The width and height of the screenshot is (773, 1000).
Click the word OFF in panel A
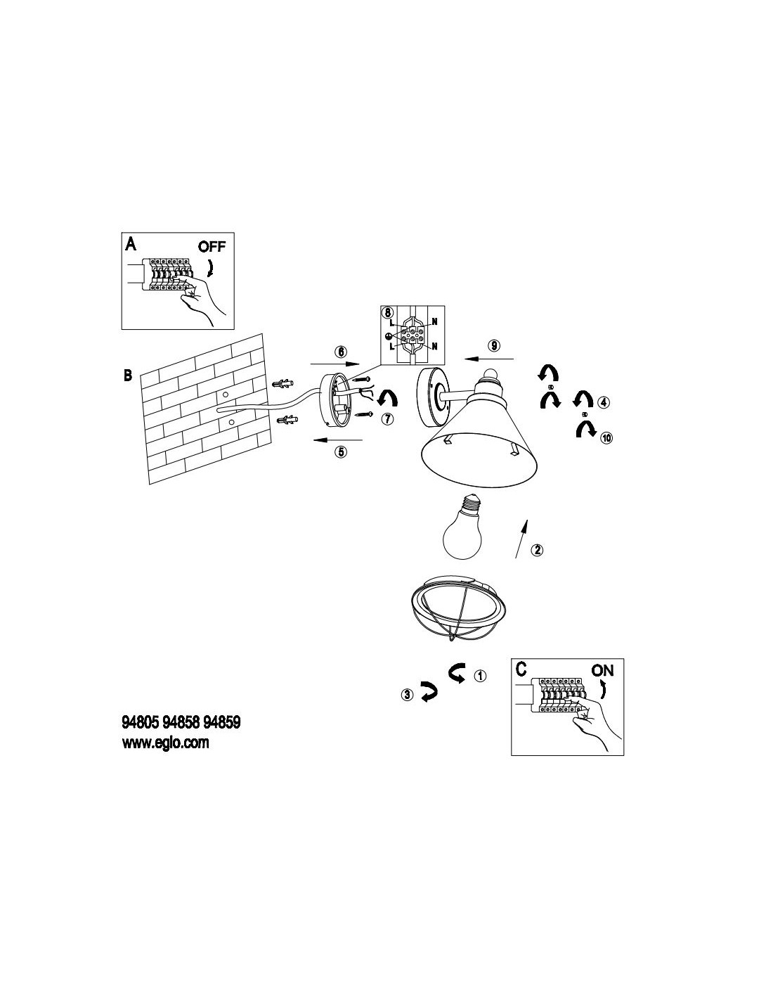tap(212, 246)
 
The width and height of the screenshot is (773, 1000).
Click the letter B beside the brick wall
tap(128, 375)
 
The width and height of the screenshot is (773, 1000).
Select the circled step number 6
tap(340, 350)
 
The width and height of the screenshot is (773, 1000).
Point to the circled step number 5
tap(341, 451)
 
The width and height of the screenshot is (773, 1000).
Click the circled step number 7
tap(386, 419)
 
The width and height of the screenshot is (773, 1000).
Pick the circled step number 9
tap(494, 345)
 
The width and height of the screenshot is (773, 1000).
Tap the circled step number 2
tap(536, 549)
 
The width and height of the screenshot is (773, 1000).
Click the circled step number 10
tap(606, 437)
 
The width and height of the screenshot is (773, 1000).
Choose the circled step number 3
tap(407, 695)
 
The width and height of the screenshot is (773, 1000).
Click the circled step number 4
tap(604, 403)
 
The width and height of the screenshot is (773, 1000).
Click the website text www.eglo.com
tap(166, 743)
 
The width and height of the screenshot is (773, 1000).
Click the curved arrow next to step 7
tap(386, 399)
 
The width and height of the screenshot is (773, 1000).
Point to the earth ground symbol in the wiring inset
tap(389, 337)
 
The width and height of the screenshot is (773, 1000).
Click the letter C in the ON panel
tap(521, 669)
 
